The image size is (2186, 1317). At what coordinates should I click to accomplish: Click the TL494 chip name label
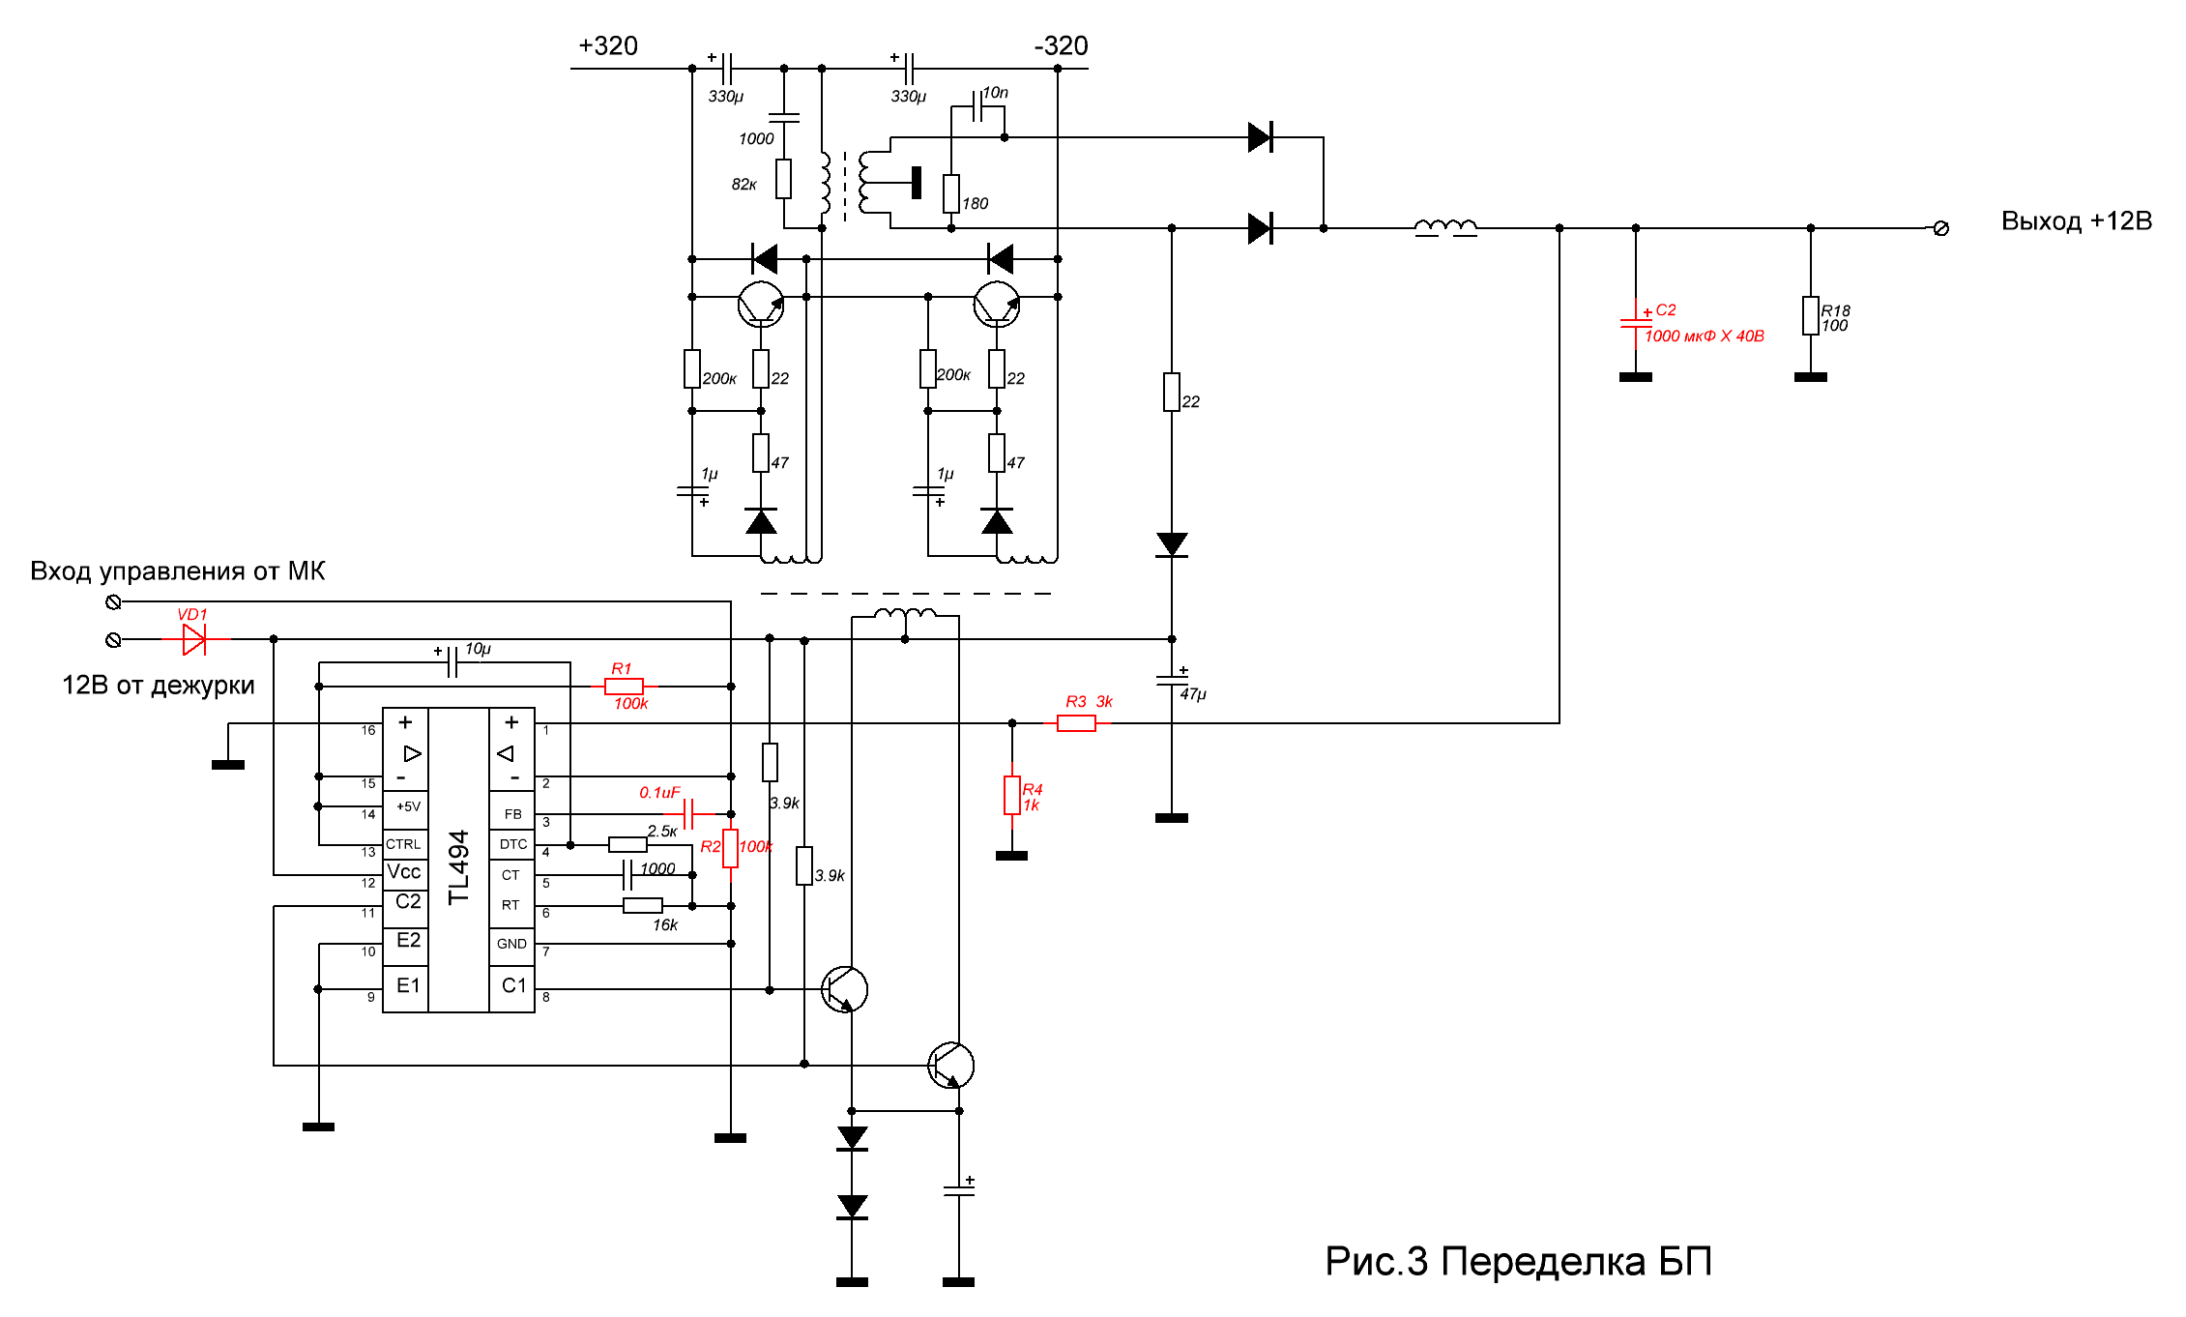(458, 866)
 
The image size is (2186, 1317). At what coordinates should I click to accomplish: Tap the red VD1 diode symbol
(194, 639)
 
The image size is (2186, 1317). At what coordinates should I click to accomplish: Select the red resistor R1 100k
(624, 687)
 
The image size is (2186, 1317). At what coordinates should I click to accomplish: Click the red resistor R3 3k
(1076, 723)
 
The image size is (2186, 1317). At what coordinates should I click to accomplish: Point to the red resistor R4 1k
(1011, 795)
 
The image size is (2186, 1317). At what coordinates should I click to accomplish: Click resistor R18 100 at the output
(1811, 316)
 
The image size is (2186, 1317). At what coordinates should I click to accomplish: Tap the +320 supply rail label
(608, 46)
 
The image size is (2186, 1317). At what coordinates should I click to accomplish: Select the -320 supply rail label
(1061, 46)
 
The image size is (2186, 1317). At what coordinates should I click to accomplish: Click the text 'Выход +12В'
(2076, 221)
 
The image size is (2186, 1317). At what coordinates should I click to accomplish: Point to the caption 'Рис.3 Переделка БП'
(1518, 1262)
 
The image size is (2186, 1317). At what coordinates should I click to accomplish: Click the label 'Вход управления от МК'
(178, 571)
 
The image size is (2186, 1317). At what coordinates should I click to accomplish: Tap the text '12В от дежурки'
(159, 686)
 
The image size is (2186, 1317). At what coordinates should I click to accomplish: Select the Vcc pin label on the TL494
(404, 872)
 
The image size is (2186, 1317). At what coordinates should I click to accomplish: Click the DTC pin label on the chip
(513, 844)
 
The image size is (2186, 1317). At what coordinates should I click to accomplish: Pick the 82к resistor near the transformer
(783, 179)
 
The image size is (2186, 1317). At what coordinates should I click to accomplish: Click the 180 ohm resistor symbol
(951, 193)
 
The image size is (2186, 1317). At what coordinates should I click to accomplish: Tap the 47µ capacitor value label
(1193, 694)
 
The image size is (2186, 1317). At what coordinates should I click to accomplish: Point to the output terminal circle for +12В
(1940, 228)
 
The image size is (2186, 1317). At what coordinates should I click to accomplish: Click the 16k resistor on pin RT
(643, 906)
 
